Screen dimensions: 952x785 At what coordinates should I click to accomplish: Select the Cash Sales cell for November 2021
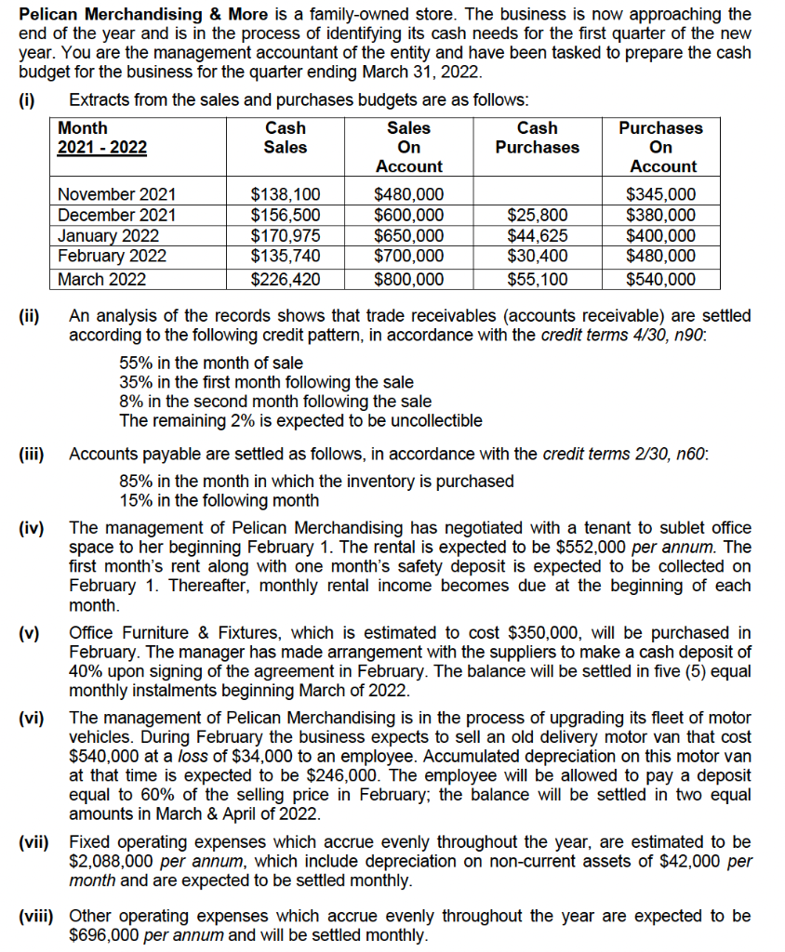tap(286, 195)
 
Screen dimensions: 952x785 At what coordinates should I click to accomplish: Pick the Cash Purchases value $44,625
tap(537, 234)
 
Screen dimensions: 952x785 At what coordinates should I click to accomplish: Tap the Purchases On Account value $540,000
tap(661, 279)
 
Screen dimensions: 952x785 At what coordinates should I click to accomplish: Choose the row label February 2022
tap(112, 255)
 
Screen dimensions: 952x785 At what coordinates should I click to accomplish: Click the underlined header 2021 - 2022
tap(102, 147)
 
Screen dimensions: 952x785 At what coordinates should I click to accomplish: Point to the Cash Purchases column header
tap(537, 138)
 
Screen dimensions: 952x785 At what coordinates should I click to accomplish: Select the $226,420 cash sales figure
tap(286, 279)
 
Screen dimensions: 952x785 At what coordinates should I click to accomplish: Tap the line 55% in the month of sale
tap(211, 363)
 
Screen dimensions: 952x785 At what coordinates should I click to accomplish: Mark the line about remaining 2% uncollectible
tap(300, 420)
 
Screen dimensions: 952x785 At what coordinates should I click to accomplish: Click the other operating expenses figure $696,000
tap(107, 935)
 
